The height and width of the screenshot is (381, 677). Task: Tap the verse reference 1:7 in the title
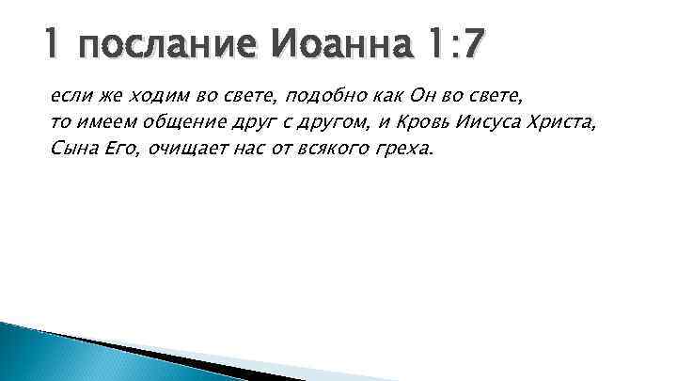pos(451,45)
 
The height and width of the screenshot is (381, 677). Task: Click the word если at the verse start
pos(67,97)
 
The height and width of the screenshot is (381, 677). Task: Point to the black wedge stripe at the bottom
pos(188,362)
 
